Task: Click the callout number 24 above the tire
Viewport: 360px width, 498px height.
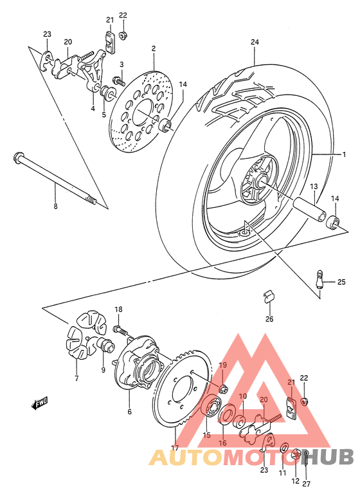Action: coord(255,43)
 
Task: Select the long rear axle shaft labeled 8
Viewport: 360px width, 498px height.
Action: coord(55,180)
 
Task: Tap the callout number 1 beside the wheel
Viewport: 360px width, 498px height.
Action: coord(344,154)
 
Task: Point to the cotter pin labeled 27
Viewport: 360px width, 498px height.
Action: coord(308,457)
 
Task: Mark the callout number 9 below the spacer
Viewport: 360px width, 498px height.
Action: coord(102,370)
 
